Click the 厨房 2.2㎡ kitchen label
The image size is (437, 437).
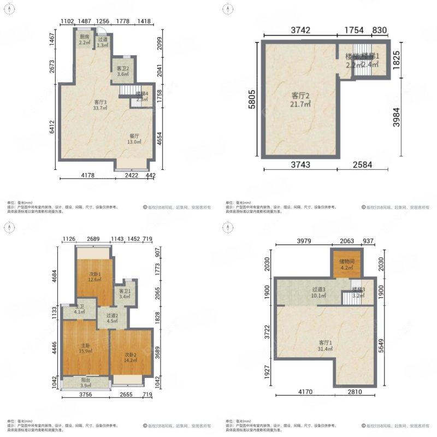click(84, 40)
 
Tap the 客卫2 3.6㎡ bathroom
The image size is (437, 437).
click(123, 71)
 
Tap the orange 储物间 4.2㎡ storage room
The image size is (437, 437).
click(347, 265)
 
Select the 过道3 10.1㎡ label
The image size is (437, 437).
click(318, 293)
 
